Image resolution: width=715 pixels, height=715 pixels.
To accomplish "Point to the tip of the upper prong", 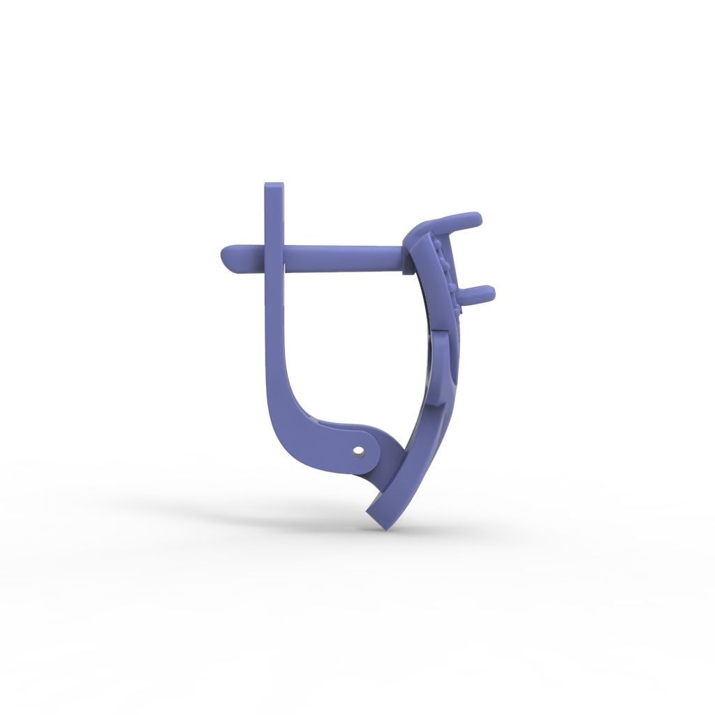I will pos(476,219).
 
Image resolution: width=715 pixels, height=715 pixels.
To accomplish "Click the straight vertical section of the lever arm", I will pos(274,321).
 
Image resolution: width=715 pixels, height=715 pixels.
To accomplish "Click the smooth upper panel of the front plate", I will pos(423,279).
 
